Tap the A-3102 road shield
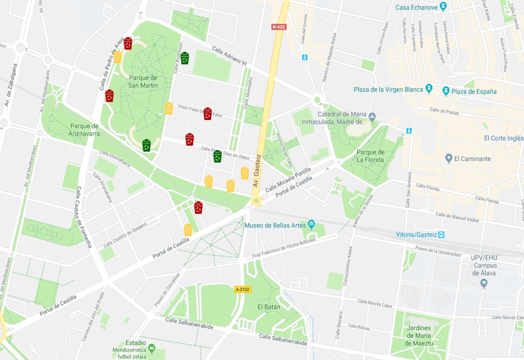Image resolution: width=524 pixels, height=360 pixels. [242, 289]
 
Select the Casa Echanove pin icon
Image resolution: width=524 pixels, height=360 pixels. [443, 7]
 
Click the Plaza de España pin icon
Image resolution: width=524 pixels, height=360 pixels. [446, 91]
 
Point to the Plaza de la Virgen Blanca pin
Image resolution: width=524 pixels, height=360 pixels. [429, 88]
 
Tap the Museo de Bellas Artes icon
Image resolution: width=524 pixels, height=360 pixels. [311, 224]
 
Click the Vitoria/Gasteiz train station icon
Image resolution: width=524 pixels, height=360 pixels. [442, 235]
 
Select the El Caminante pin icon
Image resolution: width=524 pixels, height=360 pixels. [449, 159]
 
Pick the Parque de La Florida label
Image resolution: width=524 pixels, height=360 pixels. [371, 155]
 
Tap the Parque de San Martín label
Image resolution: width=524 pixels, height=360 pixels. [143, 81]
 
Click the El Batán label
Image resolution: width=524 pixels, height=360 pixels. [269, 307]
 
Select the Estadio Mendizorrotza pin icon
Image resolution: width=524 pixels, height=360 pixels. [151, 347]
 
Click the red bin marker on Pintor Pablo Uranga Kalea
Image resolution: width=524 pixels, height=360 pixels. [207, 113]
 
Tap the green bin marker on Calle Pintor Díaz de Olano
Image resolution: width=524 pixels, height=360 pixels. [217, 156]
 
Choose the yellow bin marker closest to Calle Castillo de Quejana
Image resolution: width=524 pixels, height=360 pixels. [188, 230]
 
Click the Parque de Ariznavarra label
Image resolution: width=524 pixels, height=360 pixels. [85, 129]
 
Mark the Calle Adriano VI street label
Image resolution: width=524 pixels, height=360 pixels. [229, 57]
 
